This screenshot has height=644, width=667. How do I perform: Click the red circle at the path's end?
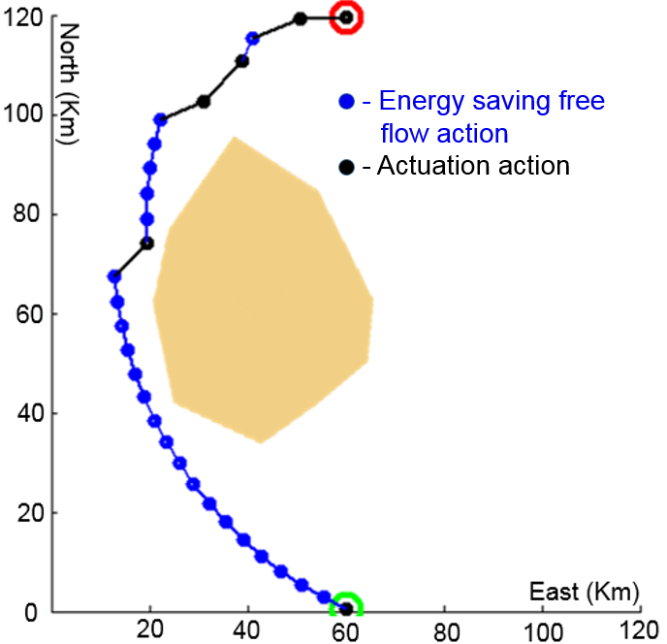[x=346, y=17]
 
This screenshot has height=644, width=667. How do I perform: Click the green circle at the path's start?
[x=346, y=608]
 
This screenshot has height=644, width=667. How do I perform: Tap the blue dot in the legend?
[x=346, y=102]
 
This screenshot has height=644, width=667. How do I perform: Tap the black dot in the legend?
[x=346, y=167]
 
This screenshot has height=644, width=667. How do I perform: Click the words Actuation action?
[x=473, y=166]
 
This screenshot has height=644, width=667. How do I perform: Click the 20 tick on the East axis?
[x=150, y=629]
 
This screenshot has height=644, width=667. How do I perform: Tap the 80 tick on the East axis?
[x=444, y=629]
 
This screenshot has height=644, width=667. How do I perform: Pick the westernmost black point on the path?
[x=114, y=276]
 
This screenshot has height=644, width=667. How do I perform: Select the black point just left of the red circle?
[x=301, y=18]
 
